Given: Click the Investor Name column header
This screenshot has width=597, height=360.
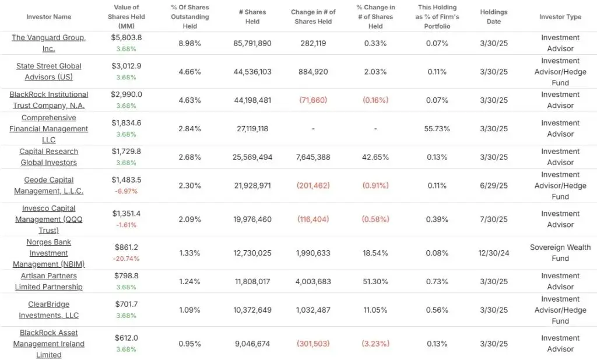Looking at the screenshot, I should pos(49,17).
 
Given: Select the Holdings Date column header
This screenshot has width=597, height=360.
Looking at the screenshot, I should pos(494,17).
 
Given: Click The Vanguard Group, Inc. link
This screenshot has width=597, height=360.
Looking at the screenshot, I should pos(49,43).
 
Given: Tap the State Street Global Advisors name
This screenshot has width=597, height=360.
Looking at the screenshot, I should pos(49,72).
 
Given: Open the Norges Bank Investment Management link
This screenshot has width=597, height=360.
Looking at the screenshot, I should pos(49,253).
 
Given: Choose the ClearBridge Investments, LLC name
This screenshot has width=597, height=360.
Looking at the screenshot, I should pos(49,310).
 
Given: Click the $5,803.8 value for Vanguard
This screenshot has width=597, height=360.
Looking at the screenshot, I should pos(127,37).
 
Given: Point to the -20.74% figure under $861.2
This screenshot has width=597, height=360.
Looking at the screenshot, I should pos(127,259).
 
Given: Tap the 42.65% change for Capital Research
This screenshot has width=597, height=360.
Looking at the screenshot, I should pos(375,157).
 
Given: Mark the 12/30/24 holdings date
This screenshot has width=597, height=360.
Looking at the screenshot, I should pos(494,253).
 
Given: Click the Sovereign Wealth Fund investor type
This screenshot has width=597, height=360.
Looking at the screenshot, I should pos(560,253).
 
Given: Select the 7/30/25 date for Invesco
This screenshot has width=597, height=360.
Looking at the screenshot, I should pos(494,219).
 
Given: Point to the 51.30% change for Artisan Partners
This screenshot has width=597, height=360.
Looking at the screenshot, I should pos(375,281).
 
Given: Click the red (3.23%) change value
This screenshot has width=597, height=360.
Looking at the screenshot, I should pos(375,344).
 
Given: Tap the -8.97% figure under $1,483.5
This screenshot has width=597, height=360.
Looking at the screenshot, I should pos(127,191).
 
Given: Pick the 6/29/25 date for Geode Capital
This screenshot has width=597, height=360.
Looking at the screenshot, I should pos(494,186).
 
